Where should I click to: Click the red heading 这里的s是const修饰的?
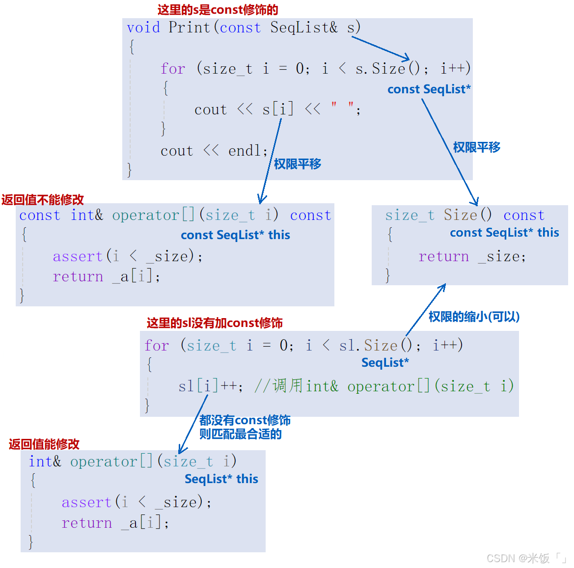[x=218, y=10]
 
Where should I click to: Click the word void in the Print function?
[x=143, y=27]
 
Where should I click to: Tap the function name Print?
[x=189, y=27]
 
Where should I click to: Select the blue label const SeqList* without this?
[x=429, y=89]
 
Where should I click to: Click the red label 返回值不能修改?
[x=43, y=199]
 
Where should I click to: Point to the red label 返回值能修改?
[x=44, y=444]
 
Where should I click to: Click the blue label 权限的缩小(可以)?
[x=474, y=317]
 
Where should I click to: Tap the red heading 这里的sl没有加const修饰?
[x=215, y=323]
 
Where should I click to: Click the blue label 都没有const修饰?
[x=245, y=420]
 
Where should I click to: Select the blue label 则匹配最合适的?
[x=240, y=434]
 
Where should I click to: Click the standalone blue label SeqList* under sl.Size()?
[x=385, y=363]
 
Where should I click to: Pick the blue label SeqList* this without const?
[x=221, y=479]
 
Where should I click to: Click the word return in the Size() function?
[x=443, y=256]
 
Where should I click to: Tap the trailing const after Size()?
[x=524, y=215]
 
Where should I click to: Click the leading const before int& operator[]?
[x=40, y=215]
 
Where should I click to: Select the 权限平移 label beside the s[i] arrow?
[x=298, y=164]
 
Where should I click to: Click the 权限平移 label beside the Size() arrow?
[x=476, y=147]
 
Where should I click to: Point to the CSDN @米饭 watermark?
[x=525, y=558]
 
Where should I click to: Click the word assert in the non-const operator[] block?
[x=86, y=502]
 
